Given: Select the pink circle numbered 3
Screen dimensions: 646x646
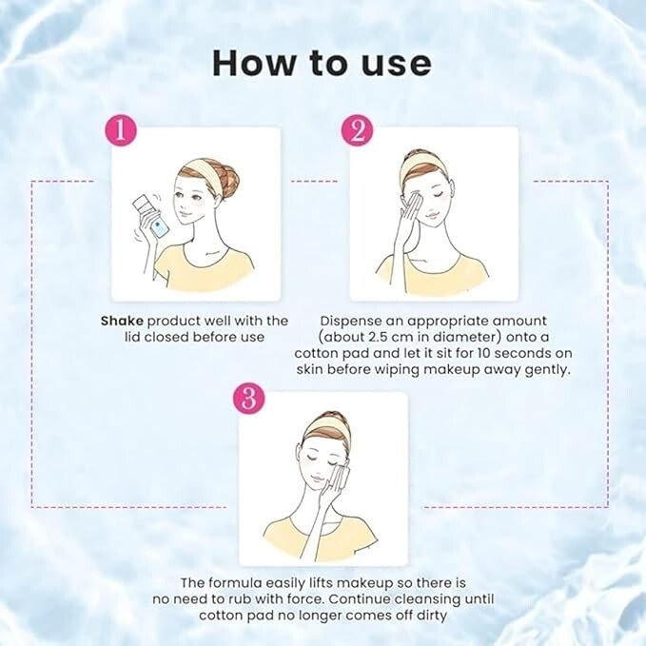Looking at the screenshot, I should (x=247, y=399).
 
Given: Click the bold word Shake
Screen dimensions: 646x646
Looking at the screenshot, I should (x=123, y=321).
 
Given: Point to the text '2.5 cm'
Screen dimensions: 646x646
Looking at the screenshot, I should (x=397, y=337).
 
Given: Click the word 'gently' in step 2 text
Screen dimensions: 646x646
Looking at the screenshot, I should (x=546, y=369).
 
